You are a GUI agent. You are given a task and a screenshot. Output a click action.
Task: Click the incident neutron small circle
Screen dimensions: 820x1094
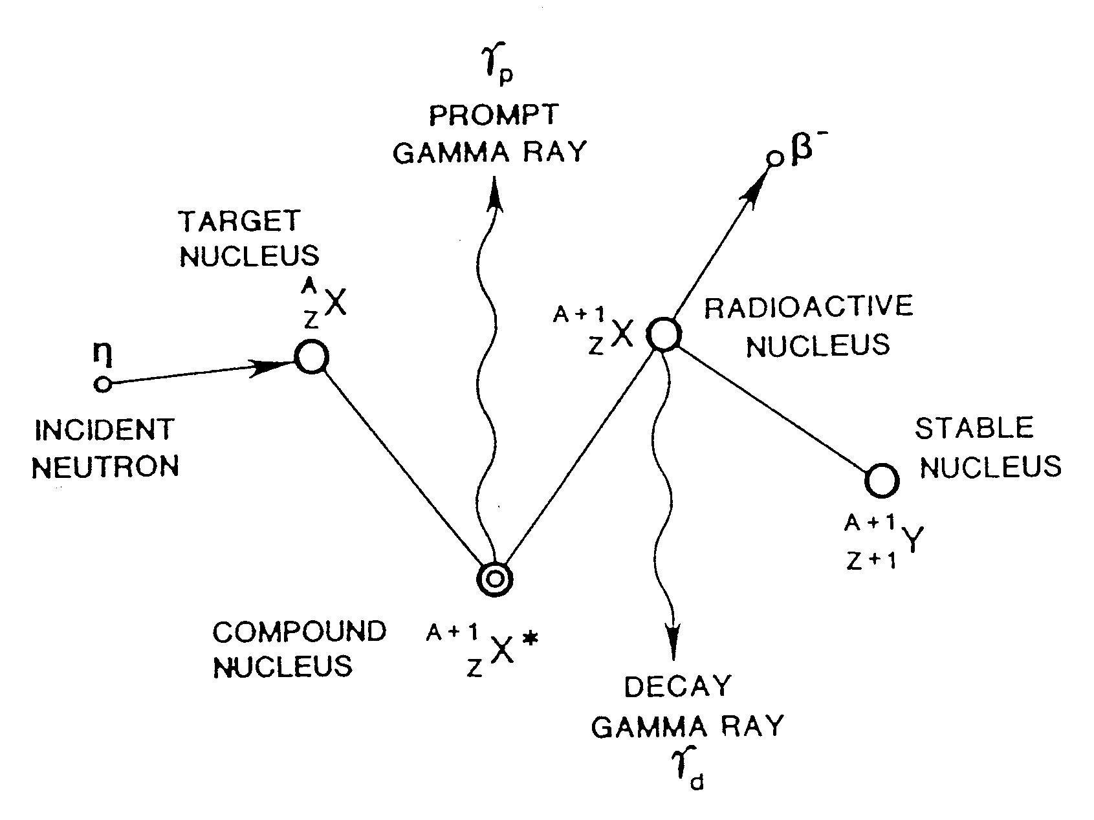tap(103, 384)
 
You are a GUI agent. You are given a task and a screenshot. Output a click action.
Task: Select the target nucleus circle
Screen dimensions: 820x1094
tap(312, 356)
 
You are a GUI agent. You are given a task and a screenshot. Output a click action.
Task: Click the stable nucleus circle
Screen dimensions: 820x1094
tap(881, 480)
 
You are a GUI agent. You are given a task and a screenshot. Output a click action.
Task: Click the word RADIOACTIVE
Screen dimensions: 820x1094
tap(808, 307)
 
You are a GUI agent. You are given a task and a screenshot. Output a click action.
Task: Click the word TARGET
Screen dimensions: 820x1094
tap(239, 221)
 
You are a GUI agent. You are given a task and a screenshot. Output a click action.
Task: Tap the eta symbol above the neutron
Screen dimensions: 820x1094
tap(101, 352)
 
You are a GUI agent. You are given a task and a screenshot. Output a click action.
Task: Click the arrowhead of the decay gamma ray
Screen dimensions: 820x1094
tap(673, 640)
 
